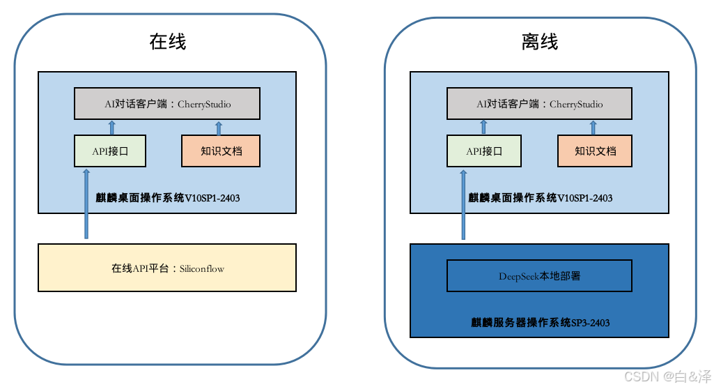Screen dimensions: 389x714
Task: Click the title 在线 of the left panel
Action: coord(168,42)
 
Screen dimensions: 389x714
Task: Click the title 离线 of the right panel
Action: coord(540,42)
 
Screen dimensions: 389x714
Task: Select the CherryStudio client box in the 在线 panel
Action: coord(167,104)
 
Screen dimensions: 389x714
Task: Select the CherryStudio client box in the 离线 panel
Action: coord(539,104)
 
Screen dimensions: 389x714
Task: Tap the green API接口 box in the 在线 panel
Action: coord(110,151)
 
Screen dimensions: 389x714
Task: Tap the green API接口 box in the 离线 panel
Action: coord(483,151)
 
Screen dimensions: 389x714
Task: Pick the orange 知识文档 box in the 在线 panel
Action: coord(221,151)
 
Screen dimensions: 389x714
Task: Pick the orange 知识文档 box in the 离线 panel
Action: coord(595,151)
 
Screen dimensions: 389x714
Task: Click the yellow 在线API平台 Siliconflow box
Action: coord(167,268)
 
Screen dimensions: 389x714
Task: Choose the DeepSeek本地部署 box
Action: coord(539,276)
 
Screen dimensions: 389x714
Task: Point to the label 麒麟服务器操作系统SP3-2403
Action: coord(540,323)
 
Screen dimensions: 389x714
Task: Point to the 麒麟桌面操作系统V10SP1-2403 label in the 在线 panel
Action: coord(168,198)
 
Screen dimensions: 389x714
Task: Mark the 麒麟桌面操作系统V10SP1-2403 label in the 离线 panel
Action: coord(540,198)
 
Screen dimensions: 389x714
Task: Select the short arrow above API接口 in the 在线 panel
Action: coord(111,127)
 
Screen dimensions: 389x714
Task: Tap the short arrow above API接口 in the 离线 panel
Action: coord(483,127)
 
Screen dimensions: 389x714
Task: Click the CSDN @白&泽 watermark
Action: coord(667,376)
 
